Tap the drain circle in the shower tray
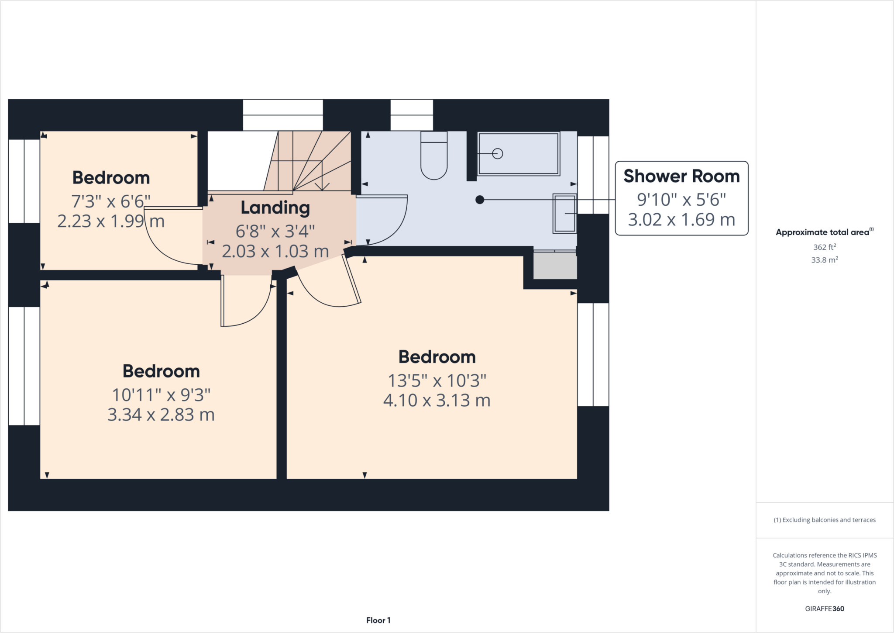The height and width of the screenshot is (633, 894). coord(497,154)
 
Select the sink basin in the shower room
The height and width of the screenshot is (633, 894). coord(565,213)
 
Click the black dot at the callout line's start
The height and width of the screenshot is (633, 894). coord(480,200)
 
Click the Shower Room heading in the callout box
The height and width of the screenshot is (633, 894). coord(681,176)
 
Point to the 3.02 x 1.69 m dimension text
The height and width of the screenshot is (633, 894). coord(681,219)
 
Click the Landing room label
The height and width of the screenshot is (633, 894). coord(275,208)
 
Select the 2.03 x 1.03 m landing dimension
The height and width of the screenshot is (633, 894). coord(275,251)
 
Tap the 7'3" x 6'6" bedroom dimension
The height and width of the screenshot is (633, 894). coord(111,201)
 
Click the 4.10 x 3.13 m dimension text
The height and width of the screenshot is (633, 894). coord(437,400)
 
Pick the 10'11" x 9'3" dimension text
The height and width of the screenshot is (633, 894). coord(161,395)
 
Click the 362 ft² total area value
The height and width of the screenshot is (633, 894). coord(824,247)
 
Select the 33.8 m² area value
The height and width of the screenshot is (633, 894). coord(824,260)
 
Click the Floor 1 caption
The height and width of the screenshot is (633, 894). coord(378,620)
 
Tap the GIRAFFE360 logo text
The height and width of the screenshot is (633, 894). coord(824,609)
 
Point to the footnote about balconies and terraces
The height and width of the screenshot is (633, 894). coord(824,520)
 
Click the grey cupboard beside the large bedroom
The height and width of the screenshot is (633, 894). coord(555,266)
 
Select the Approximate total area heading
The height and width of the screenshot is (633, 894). coord(823,232)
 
